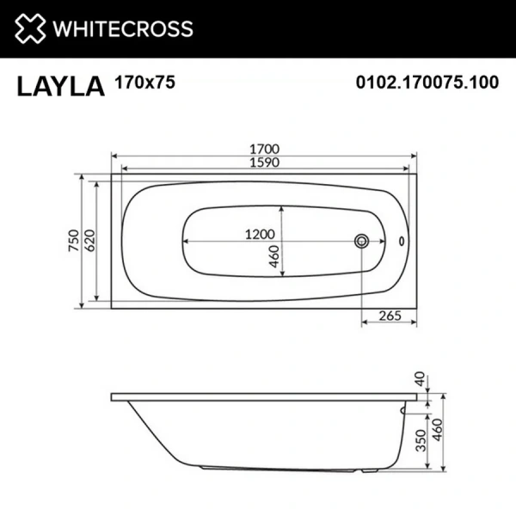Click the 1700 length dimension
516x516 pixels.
(263, 149)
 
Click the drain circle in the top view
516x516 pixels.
(362, 242)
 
